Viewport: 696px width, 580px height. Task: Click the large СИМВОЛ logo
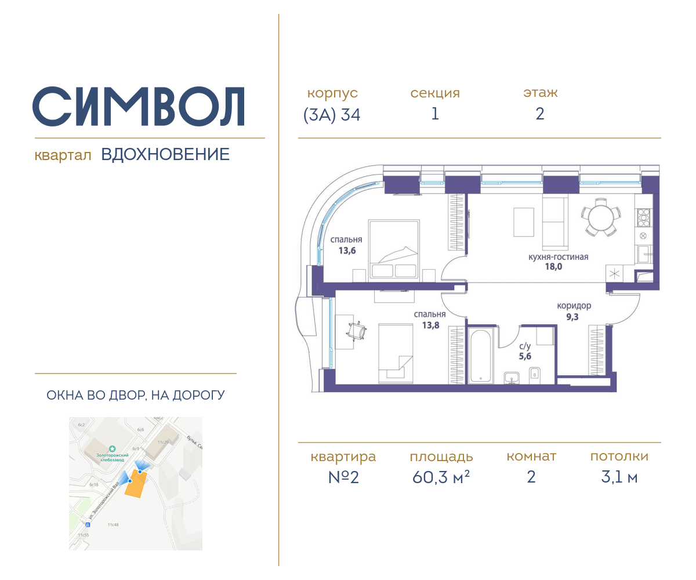point(139,107)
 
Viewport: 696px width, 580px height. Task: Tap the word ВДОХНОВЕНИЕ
point(165,155)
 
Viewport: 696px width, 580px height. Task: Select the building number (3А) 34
point(332,115)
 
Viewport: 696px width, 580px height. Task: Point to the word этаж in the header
point(540,93)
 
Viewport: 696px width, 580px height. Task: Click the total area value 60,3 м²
point(441,477)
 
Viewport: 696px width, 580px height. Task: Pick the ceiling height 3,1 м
point(619,477)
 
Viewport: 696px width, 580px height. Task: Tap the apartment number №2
point(343,477)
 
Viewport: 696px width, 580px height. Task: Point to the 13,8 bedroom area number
point(430,325)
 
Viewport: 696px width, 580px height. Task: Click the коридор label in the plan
point(574,306)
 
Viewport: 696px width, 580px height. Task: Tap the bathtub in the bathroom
point(481,356)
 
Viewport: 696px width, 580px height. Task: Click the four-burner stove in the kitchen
point(643,216)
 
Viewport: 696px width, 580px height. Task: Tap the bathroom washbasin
point(512,377)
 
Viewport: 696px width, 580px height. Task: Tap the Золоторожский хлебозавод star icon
point(113,448)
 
